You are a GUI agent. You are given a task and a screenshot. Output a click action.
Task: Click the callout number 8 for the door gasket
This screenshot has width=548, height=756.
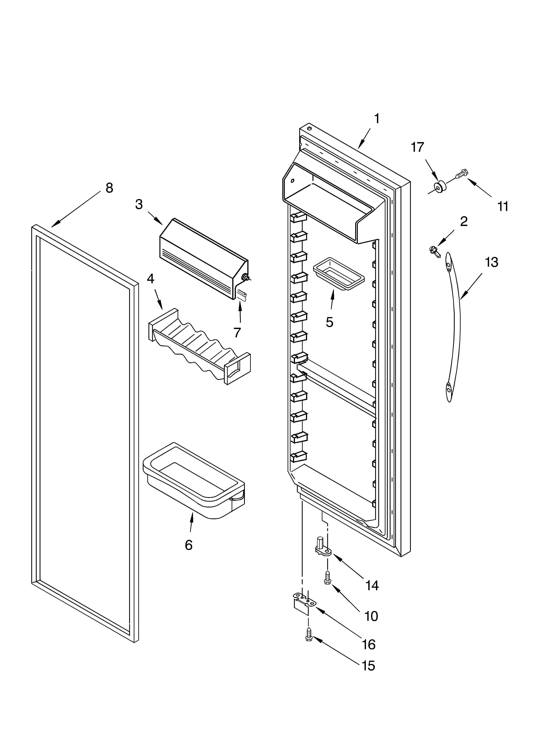109,188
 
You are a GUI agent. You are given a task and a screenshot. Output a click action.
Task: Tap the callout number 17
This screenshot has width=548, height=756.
417,147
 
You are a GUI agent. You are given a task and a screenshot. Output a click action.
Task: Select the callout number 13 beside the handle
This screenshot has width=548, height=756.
491,262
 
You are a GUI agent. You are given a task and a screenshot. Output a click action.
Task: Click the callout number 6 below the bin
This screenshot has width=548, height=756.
189,545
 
